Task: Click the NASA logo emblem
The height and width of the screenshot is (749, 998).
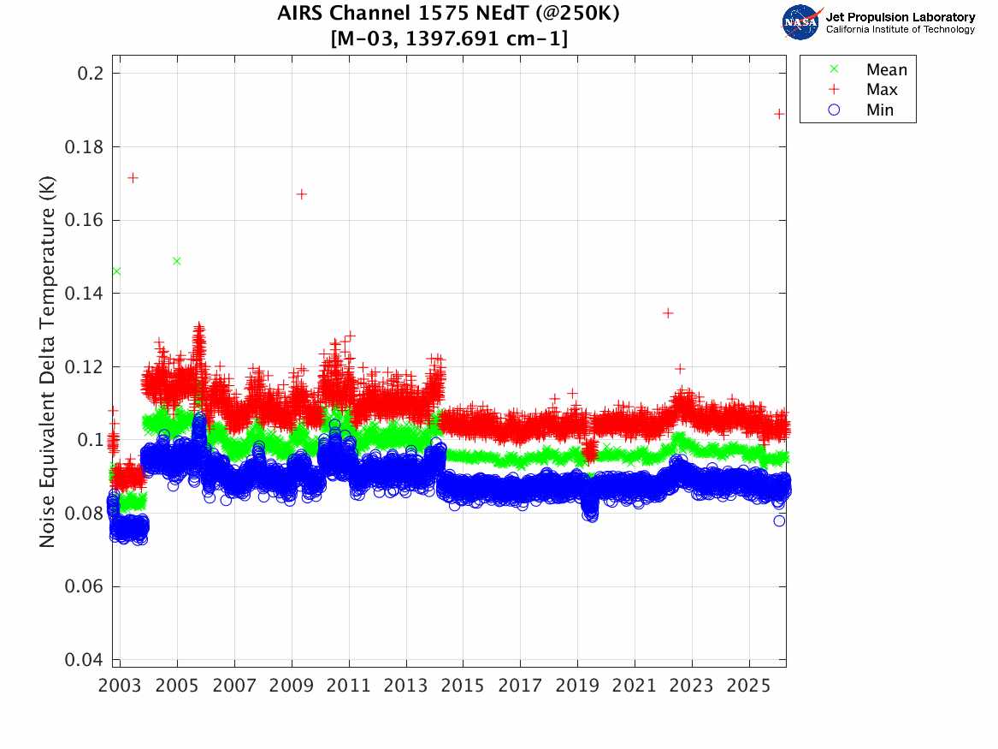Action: point(800,21)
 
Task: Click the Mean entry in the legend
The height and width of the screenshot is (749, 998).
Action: point(886,70)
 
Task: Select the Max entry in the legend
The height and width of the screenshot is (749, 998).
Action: point(881,90)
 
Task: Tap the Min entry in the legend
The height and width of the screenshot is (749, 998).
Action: point(879,110)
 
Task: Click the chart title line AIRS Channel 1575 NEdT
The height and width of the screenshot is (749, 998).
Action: point(447,15)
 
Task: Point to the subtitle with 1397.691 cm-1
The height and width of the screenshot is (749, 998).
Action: point(447,39)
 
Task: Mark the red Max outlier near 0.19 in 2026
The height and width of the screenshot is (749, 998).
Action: point(779,113)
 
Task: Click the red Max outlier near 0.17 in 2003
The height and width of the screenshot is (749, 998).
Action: point(133,177)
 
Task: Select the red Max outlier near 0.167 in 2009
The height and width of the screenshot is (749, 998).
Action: point(301,193)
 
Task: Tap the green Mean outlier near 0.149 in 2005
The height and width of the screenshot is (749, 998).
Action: point(176,261)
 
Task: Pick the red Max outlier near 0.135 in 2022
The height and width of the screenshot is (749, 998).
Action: point(668,312)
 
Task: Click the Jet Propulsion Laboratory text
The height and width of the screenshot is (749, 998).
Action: point(900,16)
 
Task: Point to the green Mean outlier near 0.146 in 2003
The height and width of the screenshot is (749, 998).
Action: point(116,271)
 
